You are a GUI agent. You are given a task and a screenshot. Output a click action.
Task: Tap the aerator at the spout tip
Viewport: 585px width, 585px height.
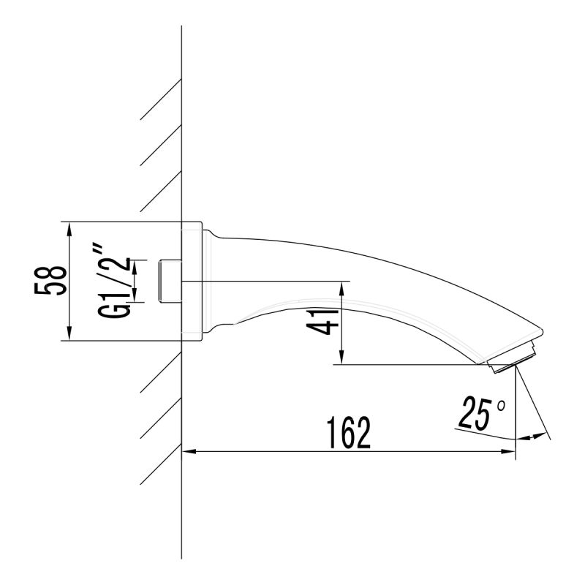tap(516, 358)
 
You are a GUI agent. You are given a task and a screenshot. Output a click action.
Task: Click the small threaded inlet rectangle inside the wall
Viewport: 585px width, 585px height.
tap(170, 281)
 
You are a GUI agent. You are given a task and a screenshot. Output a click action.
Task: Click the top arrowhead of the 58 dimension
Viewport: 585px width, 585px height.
tap(68, 229)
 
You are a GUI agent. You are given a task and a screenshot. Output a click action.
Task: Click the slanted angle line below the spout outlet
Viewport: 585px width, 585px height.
tap(532, 406)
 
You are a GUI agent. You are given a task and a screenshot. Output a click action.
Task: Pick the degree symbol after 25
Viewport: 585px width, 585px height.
tap(501, 404)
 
